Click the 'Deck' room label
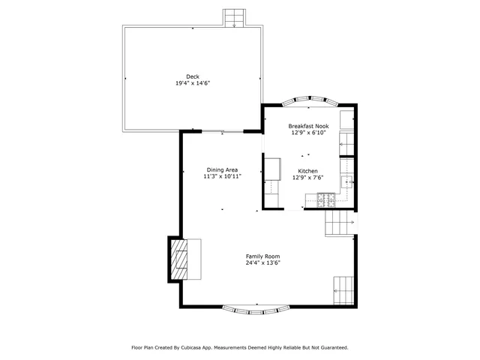click(x=193, y=76)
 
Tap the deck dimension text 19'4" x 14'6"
click(x=193, y=83)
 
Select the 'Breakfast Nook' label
click(x=309, y=126)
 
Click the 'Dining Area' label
click(x=222, y=169)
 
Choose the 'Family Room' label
click(x=262, y=256)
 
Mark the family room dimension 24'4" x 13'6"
click(x=262, y=263)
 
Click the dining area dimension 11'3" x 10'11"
click(x=223, y=177)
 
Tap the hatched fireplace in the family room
click(x=179, y=259)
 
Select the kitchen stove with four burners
click(x=325, y=199)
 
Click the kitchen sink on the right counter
click(x=347, y=181)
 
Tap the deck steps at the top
click(x=235, y=17)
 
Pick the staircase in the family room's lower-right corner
click(x=343, y=288)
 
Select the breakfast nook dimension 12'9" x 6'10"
click(x=309, y=133)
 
